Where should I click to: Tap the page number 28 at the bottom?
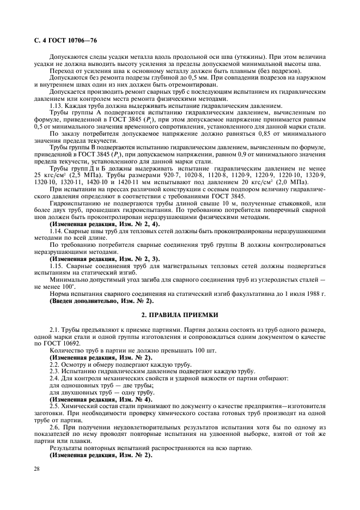pyautogui.click(x=37, y=469)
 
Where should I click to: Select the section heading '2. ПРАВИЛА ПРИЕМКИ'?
pyautogui.click(x=180, y=315)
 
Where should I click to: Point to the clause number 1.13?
pyautogui.click(x=56, y=105)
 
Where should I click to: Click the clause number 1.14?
pyautogui.click(x=56, y=230)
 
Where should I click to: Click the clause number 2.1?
pyautogui.click(x=55, y=331)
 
